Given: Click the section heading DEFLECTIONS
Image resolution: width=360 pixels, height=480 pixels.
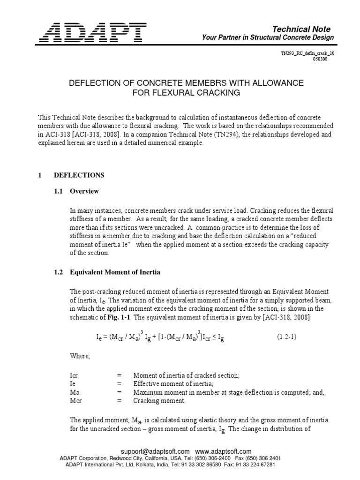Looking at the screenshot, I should (79, 175).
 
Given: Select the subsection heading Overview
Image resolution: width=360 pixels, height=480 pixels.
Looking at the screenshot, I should (84, 191).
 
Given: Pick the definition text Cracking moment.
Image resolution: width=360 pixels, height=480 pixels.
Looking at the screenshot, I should (159, 401).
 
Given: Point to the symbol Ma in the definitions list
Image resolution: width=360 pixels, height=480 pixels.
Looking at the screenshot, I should (74, 392).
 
